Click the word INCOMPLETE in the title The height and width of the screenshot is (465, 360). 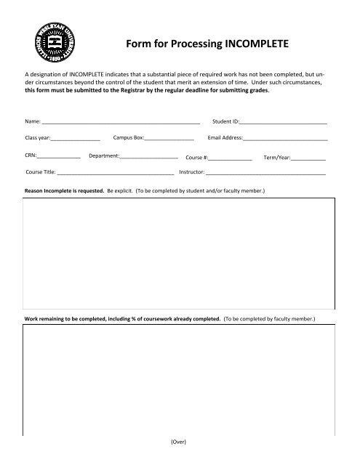pos(252,43)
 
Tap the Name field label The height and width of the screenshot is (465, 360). pos(33,121)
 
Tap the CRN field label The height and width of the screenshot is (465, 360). pos(31,156)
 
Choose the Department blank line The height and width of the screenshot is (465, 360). pos(149,156)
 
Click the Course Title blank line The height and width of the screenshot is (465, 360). pos(116,174)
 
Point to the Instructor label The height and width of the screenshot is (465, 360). pos(191,174)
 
